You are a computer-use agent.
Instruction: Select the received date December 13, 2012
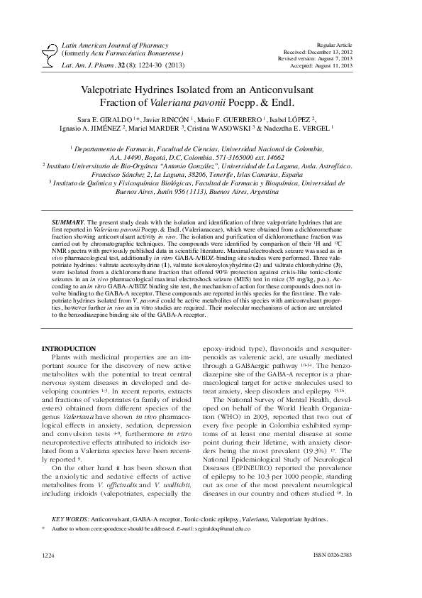click(x=343, y=32)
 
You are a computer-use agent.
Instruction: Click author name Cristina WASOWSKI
click(x=241, y=129)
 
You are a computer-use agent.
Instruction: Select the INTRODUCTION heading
click(x=69, y=348)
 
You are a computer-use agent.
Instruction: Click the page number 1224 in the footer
click(x=48, y=571)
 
